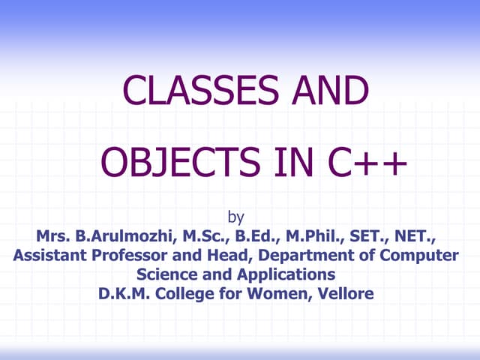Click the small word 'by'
point(235,218)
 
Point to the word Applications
point(284,274)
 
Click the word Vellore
point(344,292)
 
